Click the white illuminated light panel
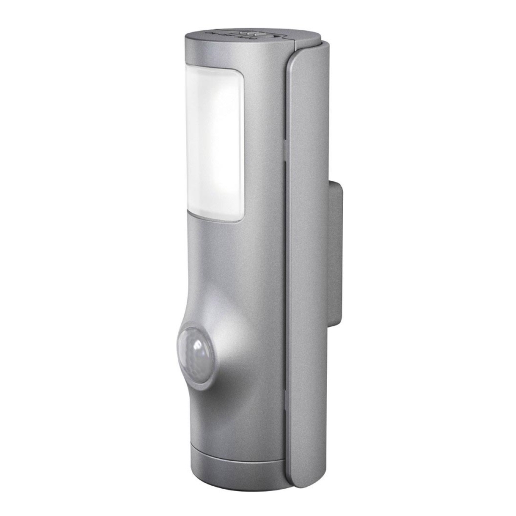coord(214,143)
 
